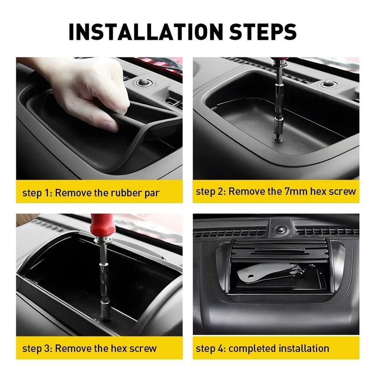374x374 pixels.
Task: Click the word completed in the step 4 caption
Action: (252, 348)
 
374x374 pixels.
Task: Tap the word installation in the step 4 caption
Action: (304, 348)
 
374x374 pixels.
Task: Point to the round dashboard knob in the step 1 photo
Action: (144, 83)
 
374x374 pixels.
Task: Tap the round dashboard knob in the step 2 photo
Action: (329, 84)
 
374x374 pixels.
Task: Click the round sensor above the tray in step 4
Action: (280, 230)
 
